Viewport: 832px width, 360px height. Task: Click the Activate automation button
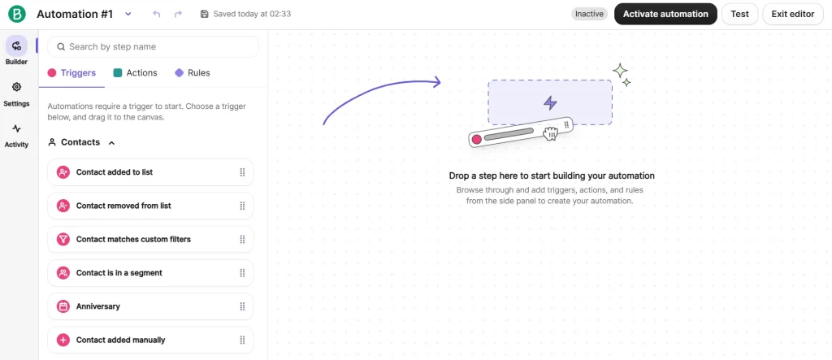pyautogui.click(x=665, y=15)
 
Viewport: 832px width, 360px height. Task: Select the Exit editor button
pyautogui.click(x=793, y=15)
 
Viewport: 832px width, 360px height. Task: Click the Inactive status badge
pyautogui.click(x=590, y=15)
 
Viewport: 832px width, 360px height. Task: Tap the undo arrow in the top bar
pyautogui.click(x=157, y=15)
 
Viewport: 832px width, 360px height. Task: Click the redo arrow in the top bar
pyautogui.click(x=178, y=15)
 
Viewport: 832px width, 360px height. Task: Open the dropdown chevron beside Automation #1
pyautogui.click(x=128, y=15)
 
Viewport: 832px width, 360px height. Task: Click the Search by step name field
pyautogui.click(x=153, y=46)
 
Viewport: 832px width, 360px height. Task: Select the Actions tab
pyautogui.click(x=136, y=73)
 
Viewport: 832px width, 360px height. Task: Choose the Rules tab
pyautogui.click(x=193, y=73)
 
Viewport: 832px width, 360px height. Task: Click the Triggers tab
pyautogui.click(x=71, y=73)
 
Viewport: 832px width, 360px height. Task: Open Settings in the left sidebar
pyautogui.click(x=16, y=94)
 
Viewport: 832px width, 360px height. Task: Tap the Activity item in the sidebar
pyautogui.click(x=16, y=136)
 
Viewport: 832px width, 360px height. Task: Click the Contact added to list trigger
pyautogui.click(x=150, y=172)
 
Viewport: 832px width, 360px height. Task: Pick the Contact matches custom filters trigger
pyautogui.click(x=150, y=240)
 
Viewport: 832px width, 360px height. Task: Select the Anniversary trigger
pyautogui.click(x=150, y=306)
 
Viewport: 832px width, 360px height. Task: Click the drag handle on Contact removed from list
pyautogui.click(x=242, y=206)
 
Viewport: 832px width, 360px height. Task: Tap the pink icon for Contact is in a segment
pyautogui.click(x=63, y=273)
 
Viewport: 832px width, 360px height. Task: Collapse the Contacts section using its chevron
pyautogui.click(x=111, y=142)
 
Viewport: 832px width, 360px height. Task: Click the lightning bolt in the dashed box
pyautogui.click(x=550, y=102)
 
